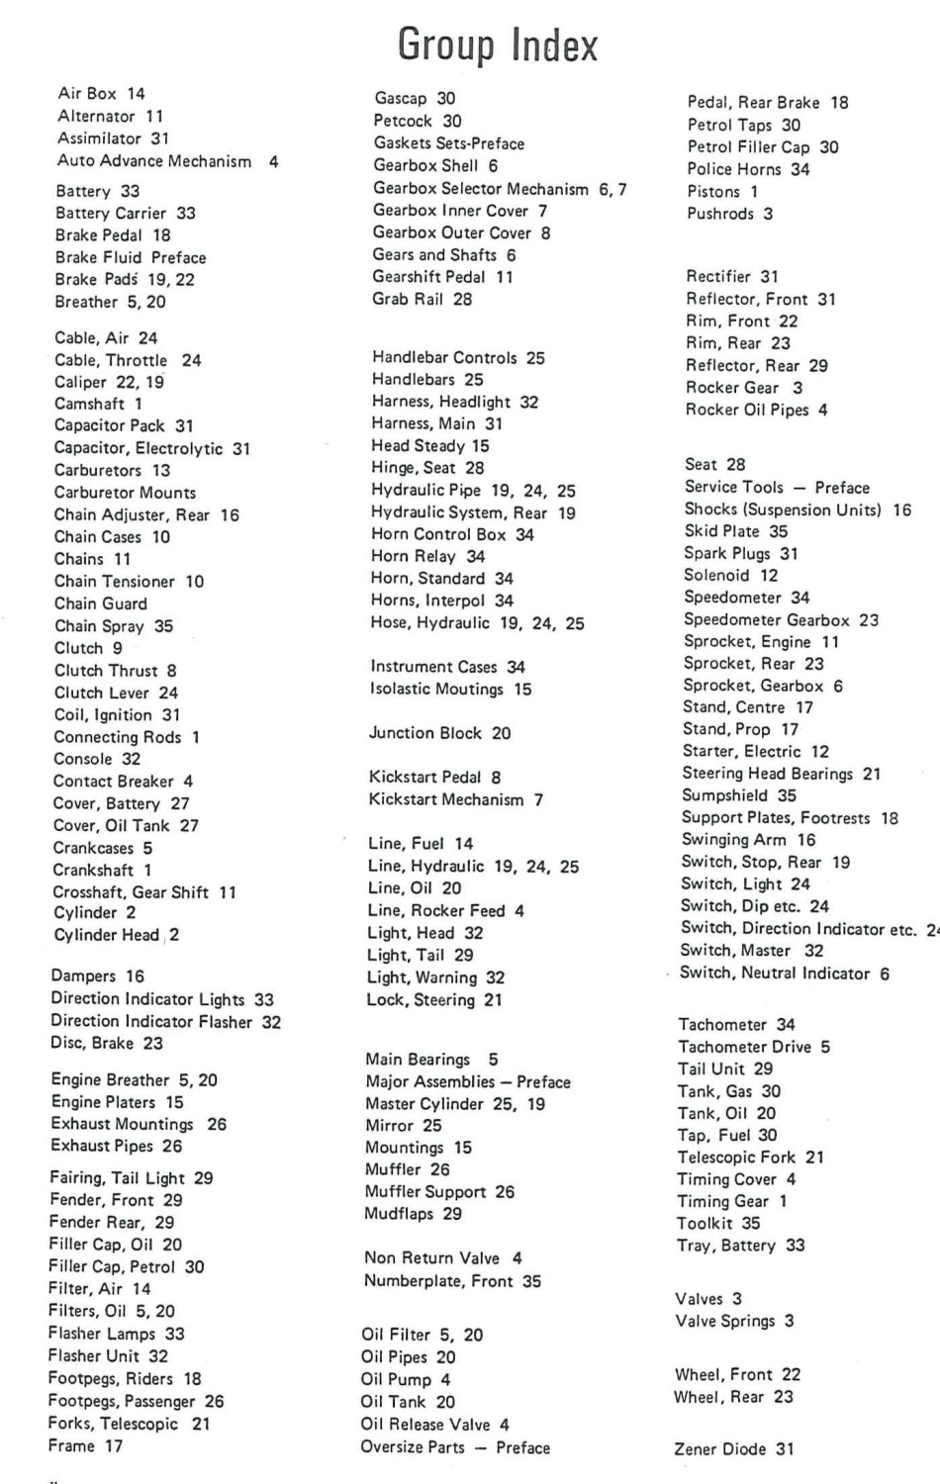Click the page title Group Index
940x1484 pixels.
coord(498,46)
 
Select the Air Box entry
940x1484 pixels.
coord(101,93)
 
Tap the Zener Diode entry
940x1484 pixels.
coord(734,1448)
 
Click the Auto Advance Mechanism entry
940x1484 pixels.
coord(167,161)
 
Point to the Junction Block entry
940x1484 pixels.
coord(439,733)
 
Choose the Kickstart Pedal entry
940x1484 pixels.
coord(434,778)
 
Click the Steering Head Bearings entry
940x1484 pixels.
coord(781,774)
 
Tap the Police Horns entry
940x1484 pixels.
coord(748,169)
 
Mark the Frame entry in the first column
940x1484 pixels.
coord(85,1445)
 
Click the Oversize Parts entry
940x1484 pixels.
coord(455,1447)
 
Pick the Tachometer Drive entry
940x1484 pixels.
coord(754,1047)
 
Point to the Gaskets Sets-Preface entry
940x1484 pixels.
coord(448,143)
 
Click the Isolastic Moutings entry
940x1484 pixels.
coord(450,689)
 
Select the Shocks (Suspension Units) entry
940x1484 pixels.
coord(798,510)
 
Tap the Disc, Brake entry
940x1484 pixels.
coord(107,1043)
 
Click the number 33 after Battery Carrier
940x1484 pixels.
coord(186,213)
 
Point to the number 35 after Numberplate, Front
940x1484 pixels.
coord(531,1281)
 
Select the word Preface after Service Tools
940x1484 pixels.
coord(842,488)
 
